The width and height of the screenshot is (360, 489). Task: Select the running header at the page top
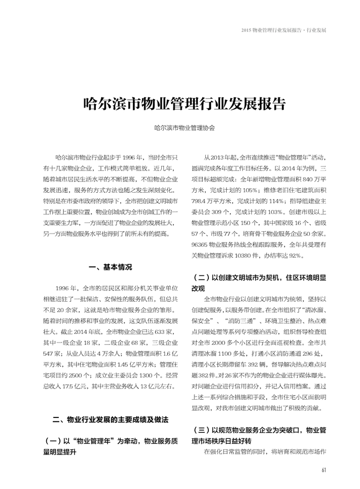click(x=284, y=30)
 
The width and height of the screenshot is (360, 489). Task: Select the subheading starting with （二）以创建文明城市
click(x=259, y=283)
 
